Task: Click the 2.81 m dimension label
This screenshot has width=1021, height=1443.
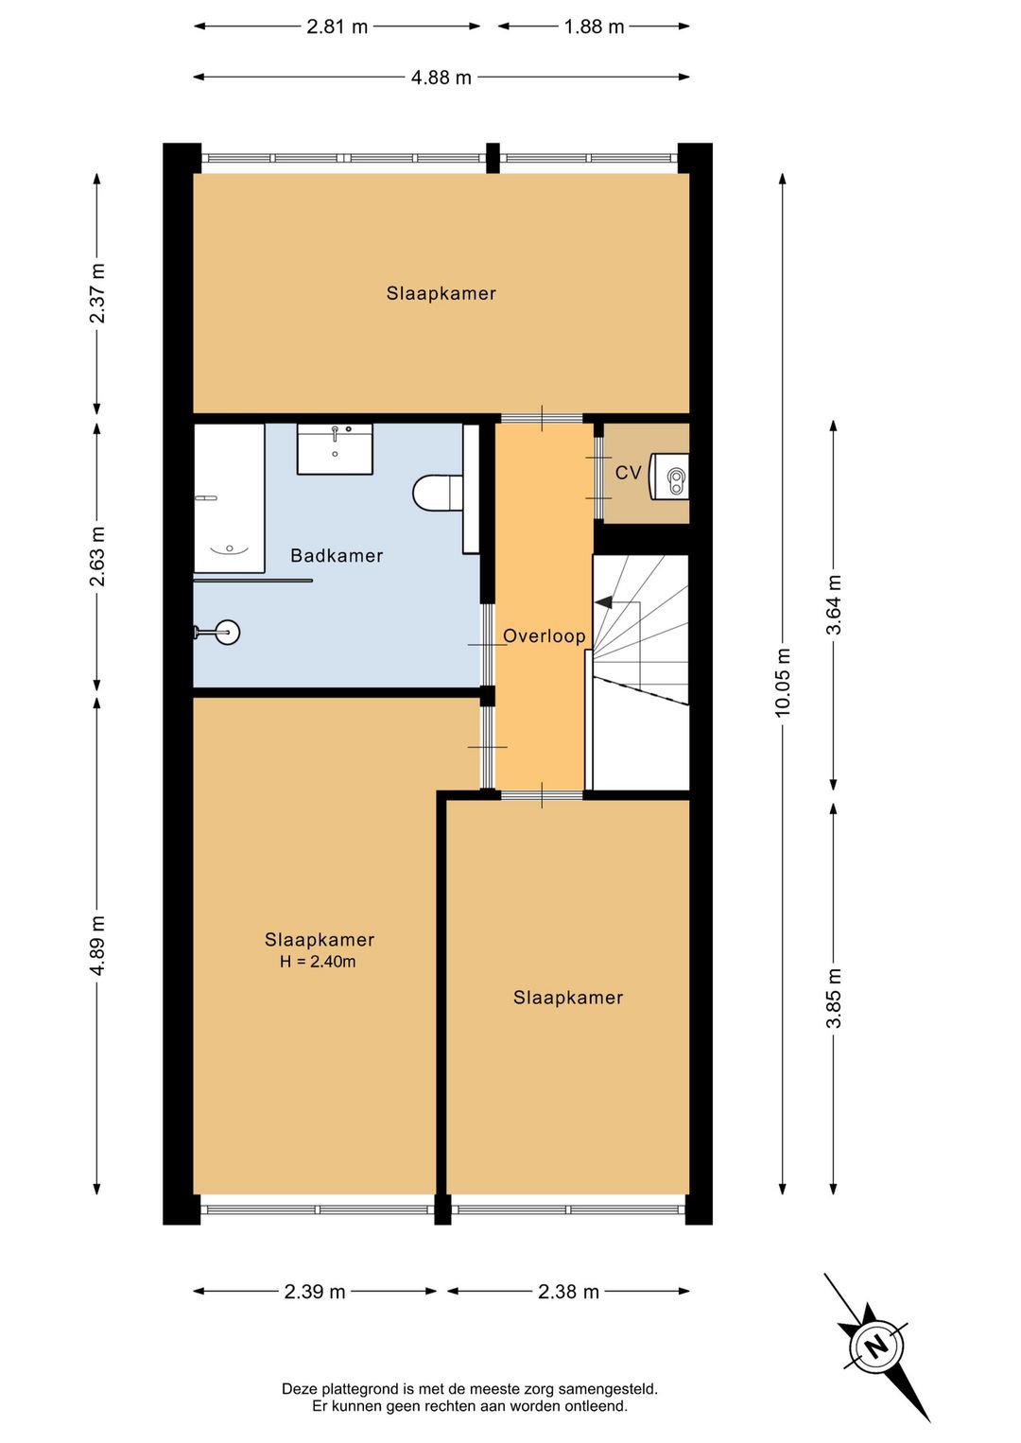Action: (x=337, y=27)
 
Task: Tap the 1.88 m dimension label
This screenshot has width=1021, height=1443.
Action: (x=594, y=27)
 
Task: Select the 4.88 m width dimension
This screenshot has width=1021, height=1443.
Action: (x=441, y=78)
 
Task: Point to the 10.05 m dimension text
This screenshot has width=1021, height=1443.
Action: (x=783, y=682)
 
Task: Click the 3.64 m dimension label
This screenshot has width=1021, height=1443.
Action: (x=834, y=604)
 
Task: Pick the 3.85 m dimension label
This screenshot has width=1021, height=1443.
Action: (x=834, y=998)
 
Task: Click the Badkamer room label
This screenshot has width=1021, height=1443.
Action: (x=337, y=555)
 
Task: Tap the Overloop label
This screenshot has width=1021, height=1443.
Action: (x=545, y=636)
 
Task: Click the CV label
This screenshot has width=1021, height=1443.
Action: (x=628, y=473)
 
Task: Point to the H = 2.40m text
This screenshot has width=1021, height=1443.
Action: (x=318, y=962)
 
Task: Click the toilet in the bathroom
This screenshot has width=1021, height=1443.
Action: (x=438, y=493)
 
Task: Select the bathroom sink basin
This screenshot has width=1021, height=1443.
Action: (x=335, y=448)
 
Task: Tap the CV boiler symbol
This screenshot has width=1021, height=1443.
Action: (x=668, y=476)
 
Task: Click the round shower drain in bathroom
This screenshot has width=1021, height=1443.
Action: (x=228, y=632)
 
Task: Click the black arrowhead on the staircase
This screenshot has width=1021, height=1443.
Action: (x=603, y=603)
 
